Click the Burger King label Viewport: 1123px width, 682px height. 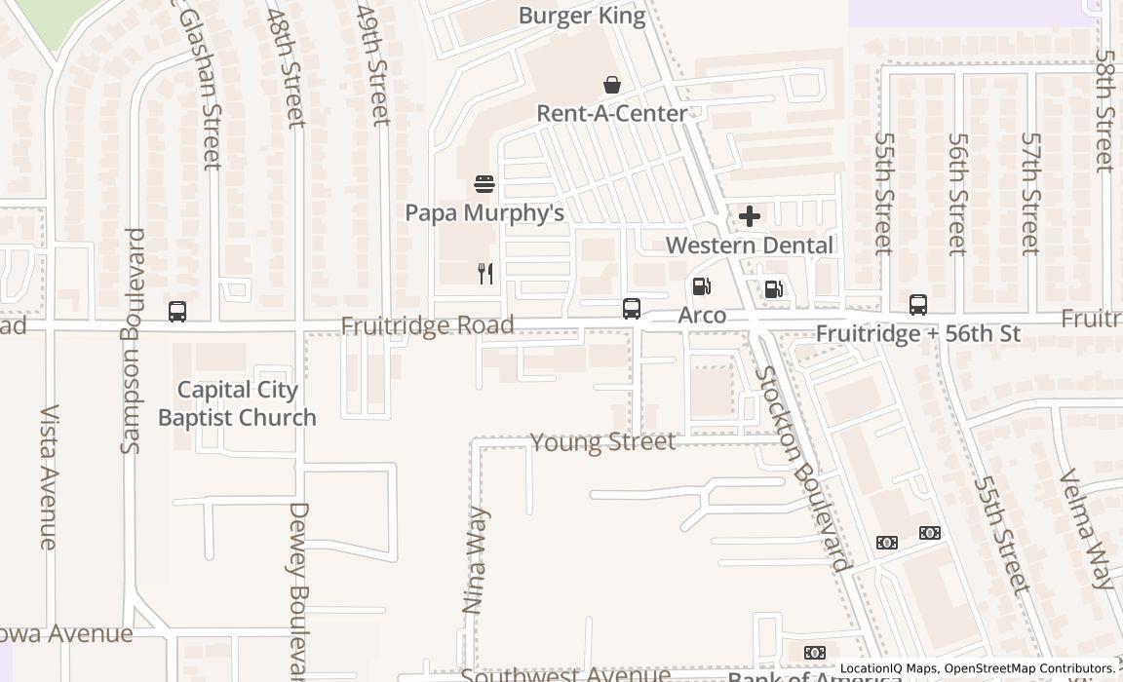582,16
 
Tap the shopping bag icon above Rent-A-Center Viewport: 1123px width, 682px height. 612,85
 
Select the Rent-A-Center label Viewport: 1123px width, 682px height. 612,113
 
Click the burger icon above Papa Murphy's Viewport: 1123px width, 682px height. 484,184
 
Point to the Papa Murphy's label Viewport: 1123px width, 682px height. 484,212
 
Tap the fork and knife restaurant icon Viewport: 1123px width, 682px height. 485,274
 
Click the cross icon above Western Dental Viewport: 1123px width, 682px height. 750,216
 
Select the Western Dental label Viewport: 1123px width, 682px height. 750,245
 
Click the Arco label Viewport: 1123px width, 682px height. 702,315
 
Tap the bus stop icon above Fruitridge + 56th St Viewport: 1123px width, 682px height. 918,305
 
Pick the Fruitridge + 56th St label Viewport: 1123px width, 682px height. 917,334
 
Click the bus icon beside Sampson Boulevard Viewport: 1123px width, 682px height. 177,312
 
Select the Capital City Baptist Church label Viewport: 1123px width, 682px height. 237,403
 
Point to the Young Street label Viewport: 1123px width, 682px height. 602,442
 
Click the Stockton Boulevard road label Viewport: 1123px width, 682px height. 802,468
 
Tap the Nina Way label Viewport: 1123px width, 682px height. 476,559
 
